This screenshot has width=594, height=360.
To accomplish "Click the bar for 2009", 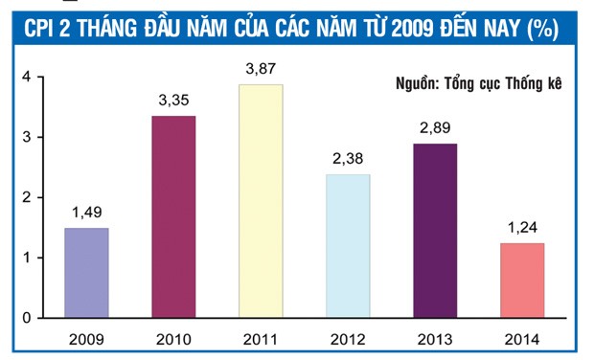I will tap(86, 273).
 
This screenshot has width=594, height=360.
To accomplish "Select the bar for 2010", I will tap(173, 216).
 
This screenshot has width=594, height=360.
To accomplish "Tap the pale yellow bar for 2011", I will tap(261, 201).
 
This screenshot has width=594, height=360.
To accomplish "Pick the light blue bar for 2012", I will tap(348, 246).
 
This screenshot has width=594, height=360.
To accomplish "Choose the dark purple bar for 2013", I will tap(435, 231).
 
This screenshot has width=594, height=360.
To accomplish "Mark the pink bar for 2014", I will tap(522, 281).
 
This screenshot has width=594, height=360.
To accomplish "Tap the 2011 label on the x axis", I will tap(261, 338).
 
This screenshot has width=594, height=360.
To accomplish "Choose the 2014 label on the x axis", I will tap(522, 338).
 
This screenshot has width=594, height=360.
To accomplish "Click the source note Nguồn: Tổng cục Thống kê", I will tap(477, 83).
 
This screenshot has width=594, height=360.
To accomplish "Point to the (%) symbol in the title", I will tap(541, 29).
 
